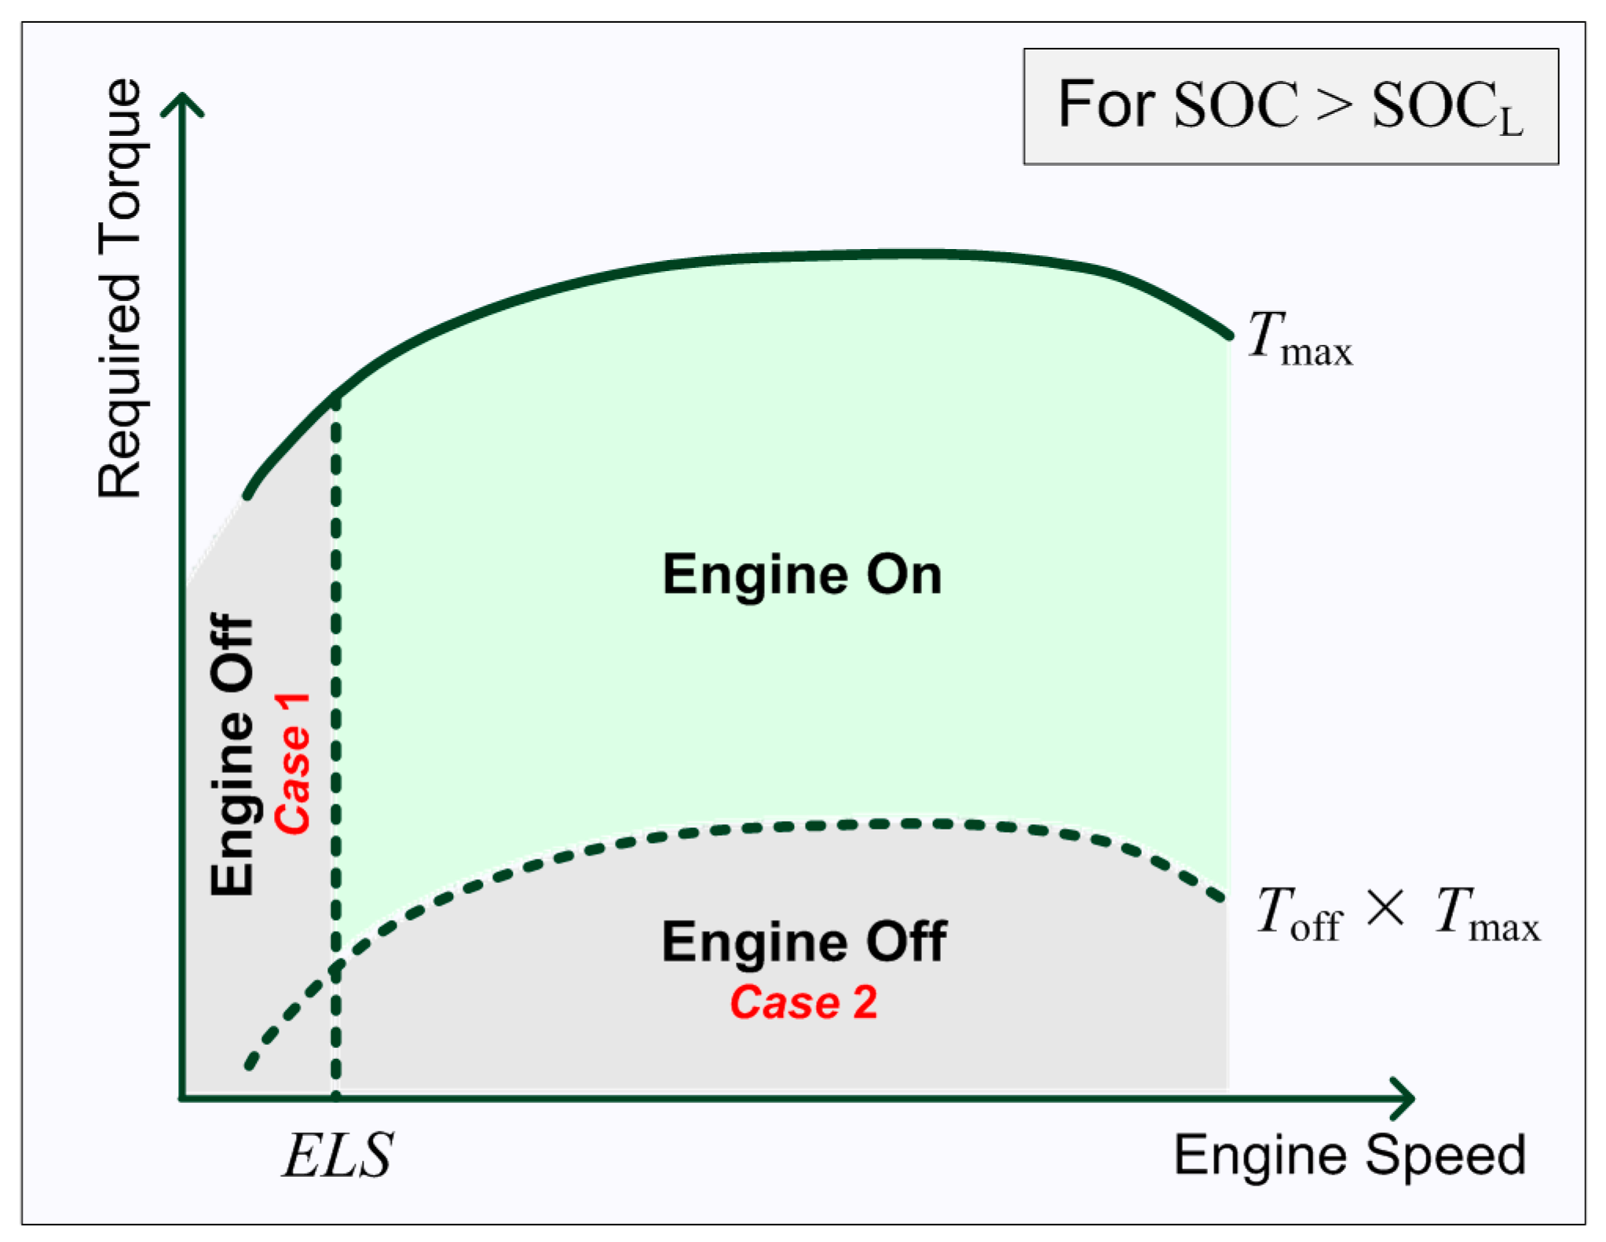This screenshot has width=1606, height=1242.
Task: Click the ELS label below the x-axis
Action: [338, 1156]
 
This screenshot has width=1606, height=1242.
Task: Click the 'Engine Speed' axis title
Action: [1349, 1156]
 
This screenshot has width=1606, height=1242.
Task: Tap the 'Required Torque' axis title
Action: [120, 288]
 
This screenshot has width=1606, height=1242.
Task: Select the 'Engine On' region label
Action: [802, 575]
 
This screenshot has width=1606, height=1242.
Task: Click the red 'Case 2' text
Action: [803, 1002]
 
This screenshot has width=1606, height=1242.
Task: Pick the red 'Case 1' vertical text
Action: [293, 763]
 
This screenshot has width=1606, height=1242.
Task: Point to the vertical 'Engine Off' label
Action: [232, 754]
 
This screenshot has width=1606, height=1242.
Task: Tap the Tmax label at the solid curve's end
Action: [1300, 339]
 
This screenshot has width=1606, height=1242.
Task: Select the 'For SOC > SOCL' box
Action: [1290, 107]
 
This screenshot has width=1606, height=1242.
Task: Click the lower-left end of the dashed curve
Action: [250, 1065]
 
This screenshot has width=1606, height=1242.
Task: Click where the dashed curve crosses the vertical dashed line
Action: [336, 967]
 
